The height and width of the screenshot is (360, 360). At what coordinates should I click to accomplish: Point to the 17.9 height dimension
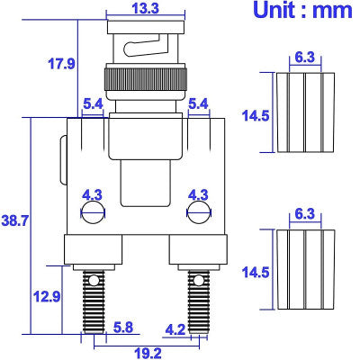tap(61, 63)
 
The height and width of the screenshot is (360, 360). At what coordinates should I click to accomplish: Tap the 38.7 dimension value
tap(15, 219)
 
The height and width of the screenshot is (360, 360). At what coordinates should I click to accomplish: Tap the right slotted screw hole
tap(198, 212)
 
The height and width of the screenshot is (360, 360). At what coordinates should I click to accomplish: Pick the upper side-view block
tap(304, 115)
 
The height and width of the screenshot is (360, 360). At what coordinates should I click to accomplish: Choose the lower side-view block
tap(304, 270)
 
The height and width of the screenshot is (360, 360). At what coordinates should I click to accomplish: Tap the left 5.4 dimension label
tap(93, 105)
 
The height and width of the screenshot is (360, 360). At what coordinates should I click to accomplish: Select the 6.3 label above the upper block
tap(304, 57)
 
